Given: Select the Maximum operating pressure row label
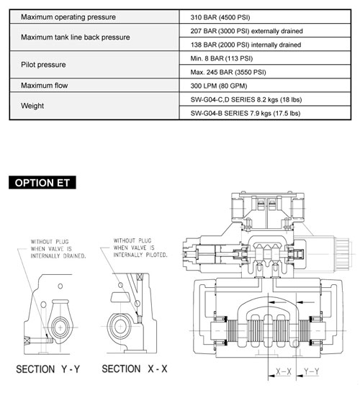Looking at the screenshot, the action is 68,17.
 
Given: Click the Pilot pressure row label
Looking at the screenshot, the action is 43,65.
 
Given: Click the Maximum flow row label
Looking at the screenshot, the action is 45,86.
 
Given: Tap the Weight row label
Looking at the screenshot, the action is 32,106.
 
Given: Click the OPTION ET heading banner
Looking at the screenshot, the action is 42,183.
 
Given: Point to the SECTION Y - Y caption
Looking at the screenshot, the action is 48,369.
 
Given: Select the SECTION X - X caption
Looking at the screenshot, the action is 135,368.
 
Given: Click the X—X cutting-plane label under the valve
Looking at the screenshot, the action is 284,372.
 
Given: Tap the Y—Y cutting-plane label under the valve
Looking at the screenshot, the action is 312,372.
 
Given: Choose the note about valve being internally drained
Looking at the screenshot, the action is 58,249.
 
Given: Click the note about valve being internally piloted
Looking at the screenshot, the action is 140,248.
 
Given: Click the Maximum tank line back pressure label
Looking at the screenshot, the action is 76,37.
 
